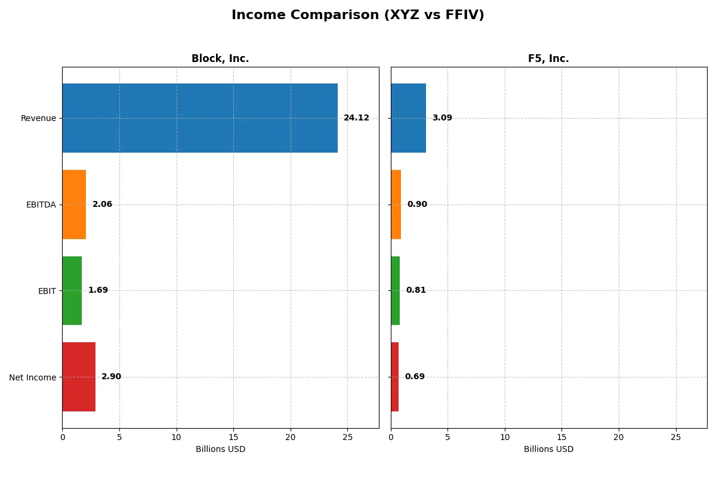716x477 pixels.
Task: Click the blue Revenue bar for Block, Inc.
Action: click(x=200, y=118)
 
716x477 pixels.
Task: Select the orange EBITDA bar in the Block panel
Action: click(x=74, y=205)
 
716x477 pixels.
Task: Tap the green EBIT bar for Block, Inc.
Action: click(x=72, y=290)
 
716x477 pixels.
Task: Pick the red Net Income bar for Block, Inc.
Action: click(x=79, y=377)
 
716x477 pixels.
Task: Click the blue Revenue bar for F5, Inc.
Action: click(x=408, y=118)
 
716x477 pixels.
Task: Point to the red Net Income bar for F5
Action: click(x=395, y=377)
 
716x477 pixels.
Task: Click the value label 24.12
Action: click(x=356, y=118)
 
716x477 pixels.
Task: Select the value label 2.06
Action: click(x=102, y=205)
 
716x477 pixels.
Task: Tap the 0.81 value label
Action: click(x=416, y=290)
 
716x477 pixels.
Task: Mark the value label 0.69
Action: click(x=415, y=377)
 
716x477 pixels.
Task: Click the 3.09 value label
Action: click(x=442, y=118)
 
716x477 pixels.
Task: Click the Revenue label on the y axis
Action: click(x=38, y=118)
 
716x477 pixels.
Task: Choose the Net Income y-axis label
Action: click(x=32, y=377)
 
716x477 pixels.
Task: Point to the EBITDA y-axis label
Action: click(x=41, y=205)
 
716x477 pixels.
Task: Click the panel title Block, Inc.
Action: click(x=220, y=58)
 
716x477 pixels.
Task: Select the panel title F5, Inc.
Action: click(x=548, y=58)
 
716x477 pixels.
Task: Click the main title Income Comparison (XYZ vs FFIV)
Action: click(x=358, y=16)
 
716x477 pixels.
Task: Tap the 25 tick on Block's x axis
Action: click(x=347, y=437)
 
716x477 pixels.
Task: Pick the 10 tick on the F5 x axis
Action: click(x=505, y=437)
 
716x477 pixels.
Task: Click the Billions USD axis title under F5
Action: click(x=548, y=449)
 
